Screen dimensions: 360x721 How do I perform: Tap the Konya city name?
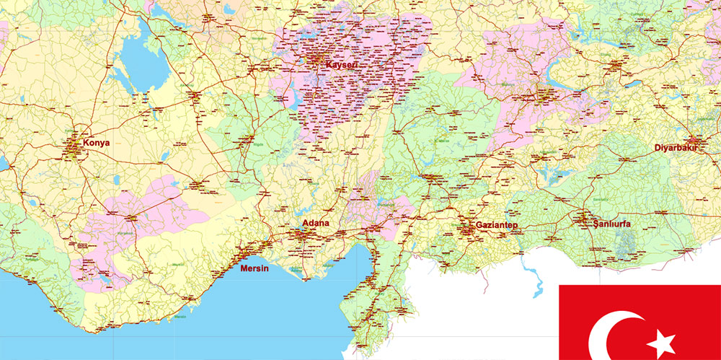click(97, 143)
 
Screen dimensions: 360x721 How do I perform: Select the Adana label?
click(316, 223)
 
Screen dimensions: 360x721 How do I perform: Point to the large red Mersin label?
click(254, 269)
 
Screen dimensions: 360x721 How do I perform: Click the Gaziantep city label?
click(497, 226)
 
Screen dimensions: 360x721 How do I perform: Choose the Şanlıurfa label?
click(611, 224)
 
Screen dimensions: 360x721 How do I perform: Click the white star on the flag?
click(661, 341)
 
